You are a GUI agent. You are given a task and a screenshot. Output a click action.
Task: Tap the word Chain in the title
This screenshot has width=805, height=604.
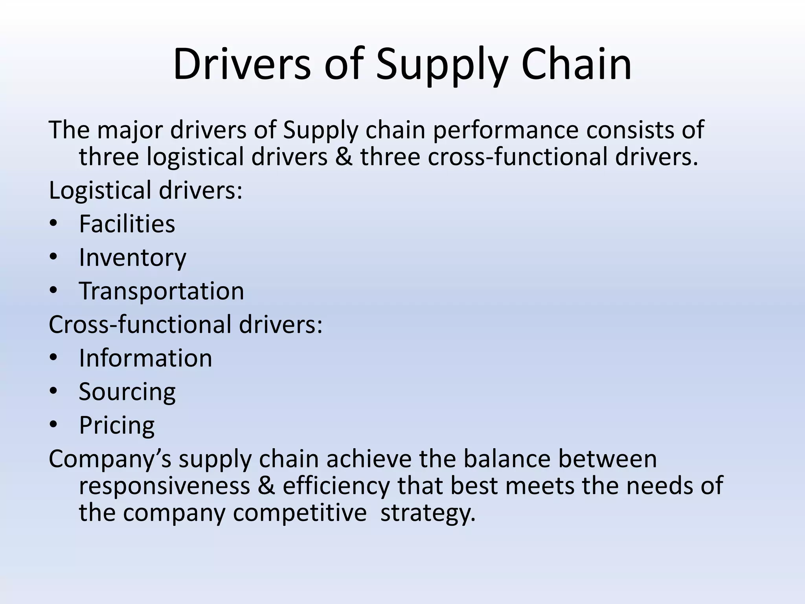coord(576,64)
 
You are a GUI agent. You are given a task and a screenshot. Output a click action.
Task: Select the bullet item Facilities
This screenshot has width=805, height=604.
coord(127,224)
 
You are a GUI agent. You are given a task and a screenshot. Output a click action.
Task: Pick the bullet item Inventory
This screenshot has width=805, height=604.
coord(132,258)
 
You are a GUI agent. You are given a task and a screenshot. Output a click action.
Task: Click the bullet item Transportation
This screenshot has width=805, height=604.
coord(162,291)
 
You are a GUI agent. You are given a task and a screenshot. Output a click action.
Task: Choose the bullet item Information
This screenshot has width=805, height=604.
coord(145,358)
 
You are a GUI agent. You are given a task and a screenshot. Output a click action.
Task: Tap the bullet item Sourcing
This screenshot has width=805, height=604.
coord(127,392)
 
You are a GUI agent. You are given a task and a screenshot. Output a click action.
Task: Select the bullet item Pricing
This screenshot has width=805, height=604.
coord(117,425)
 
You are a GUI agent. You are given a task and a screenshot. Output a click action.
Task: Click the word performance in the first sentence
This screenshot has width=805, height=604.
coord(506,131)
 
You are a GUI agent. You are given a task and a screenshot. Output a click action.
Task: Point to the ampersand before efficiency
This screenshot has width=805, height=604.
coord(266,486)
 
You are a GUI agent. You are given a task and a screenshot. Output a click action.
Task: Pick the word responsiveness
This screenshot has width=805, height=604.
coord(164,486)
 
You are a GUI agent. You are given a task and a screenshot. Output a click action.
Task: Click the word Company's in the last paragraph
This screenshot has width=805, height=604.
coord(110,459)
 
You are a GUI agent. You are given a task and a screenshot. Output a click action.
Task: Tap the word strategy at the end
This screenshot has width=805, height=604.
coord(428,513)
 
